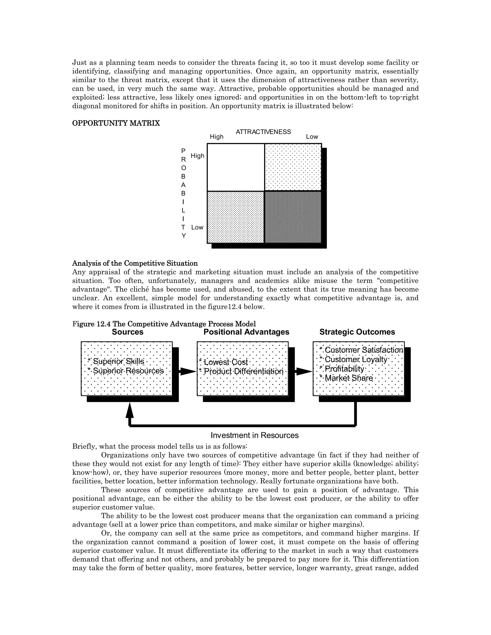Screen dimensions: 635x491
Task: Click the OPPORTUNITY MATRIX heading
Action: tap(116, 123)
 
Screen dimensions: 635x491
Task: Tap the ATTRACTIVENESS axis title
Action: tap(263, 132)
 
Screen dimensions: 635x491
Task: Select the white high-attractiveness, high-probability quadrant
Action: tap(236, 167)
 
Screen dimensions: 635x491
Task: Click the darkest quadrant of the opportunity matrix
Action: tap(293, 217)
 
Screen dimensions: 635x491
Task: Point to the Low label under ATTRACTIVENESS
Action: tap(312, 137)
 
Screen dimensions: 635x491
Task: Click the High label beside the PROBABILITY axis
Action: tap(198, 156)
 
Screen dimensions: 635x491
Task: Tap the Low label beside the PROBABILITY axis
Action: tap(197, 227)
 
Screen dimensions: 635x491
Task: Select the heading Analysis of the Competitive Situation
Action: tap(135, 263)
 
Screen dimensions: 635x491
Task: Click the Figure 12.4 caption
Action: tap(164, 324)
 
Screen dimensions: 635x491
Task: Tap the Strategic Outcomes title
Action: tap(357, 332)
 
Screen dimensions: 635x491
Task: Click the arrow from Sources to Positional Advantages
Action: tap(188, 371)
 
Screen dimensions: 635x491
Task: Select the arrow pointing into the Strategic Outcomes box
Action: tap(304, 371)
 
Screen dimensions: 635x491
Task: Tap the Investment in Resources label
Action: tap(255, 435)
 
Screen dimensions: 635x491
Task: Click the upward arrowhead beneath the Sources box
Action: tap(130, 410)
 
